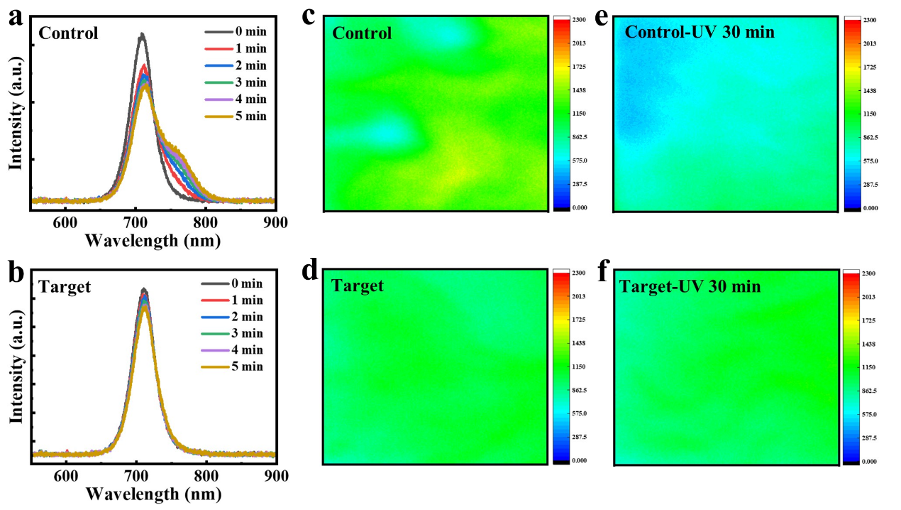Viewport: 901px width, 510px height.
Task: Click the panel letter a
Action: click(16, 16)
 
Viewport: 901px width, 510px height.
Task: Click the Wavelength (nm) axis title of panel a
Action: click(153, 240)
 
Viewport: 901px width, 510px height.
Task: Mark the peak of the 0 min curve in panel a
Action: click(143, 33)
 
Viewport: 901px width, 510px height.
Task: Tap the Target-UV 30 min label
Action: click(690, 287)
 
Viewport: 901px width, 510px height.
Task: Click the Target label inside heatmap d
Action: click(358, 286)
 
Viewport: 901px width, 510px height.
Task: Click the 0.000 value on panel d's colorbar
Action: click(578, 461)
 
